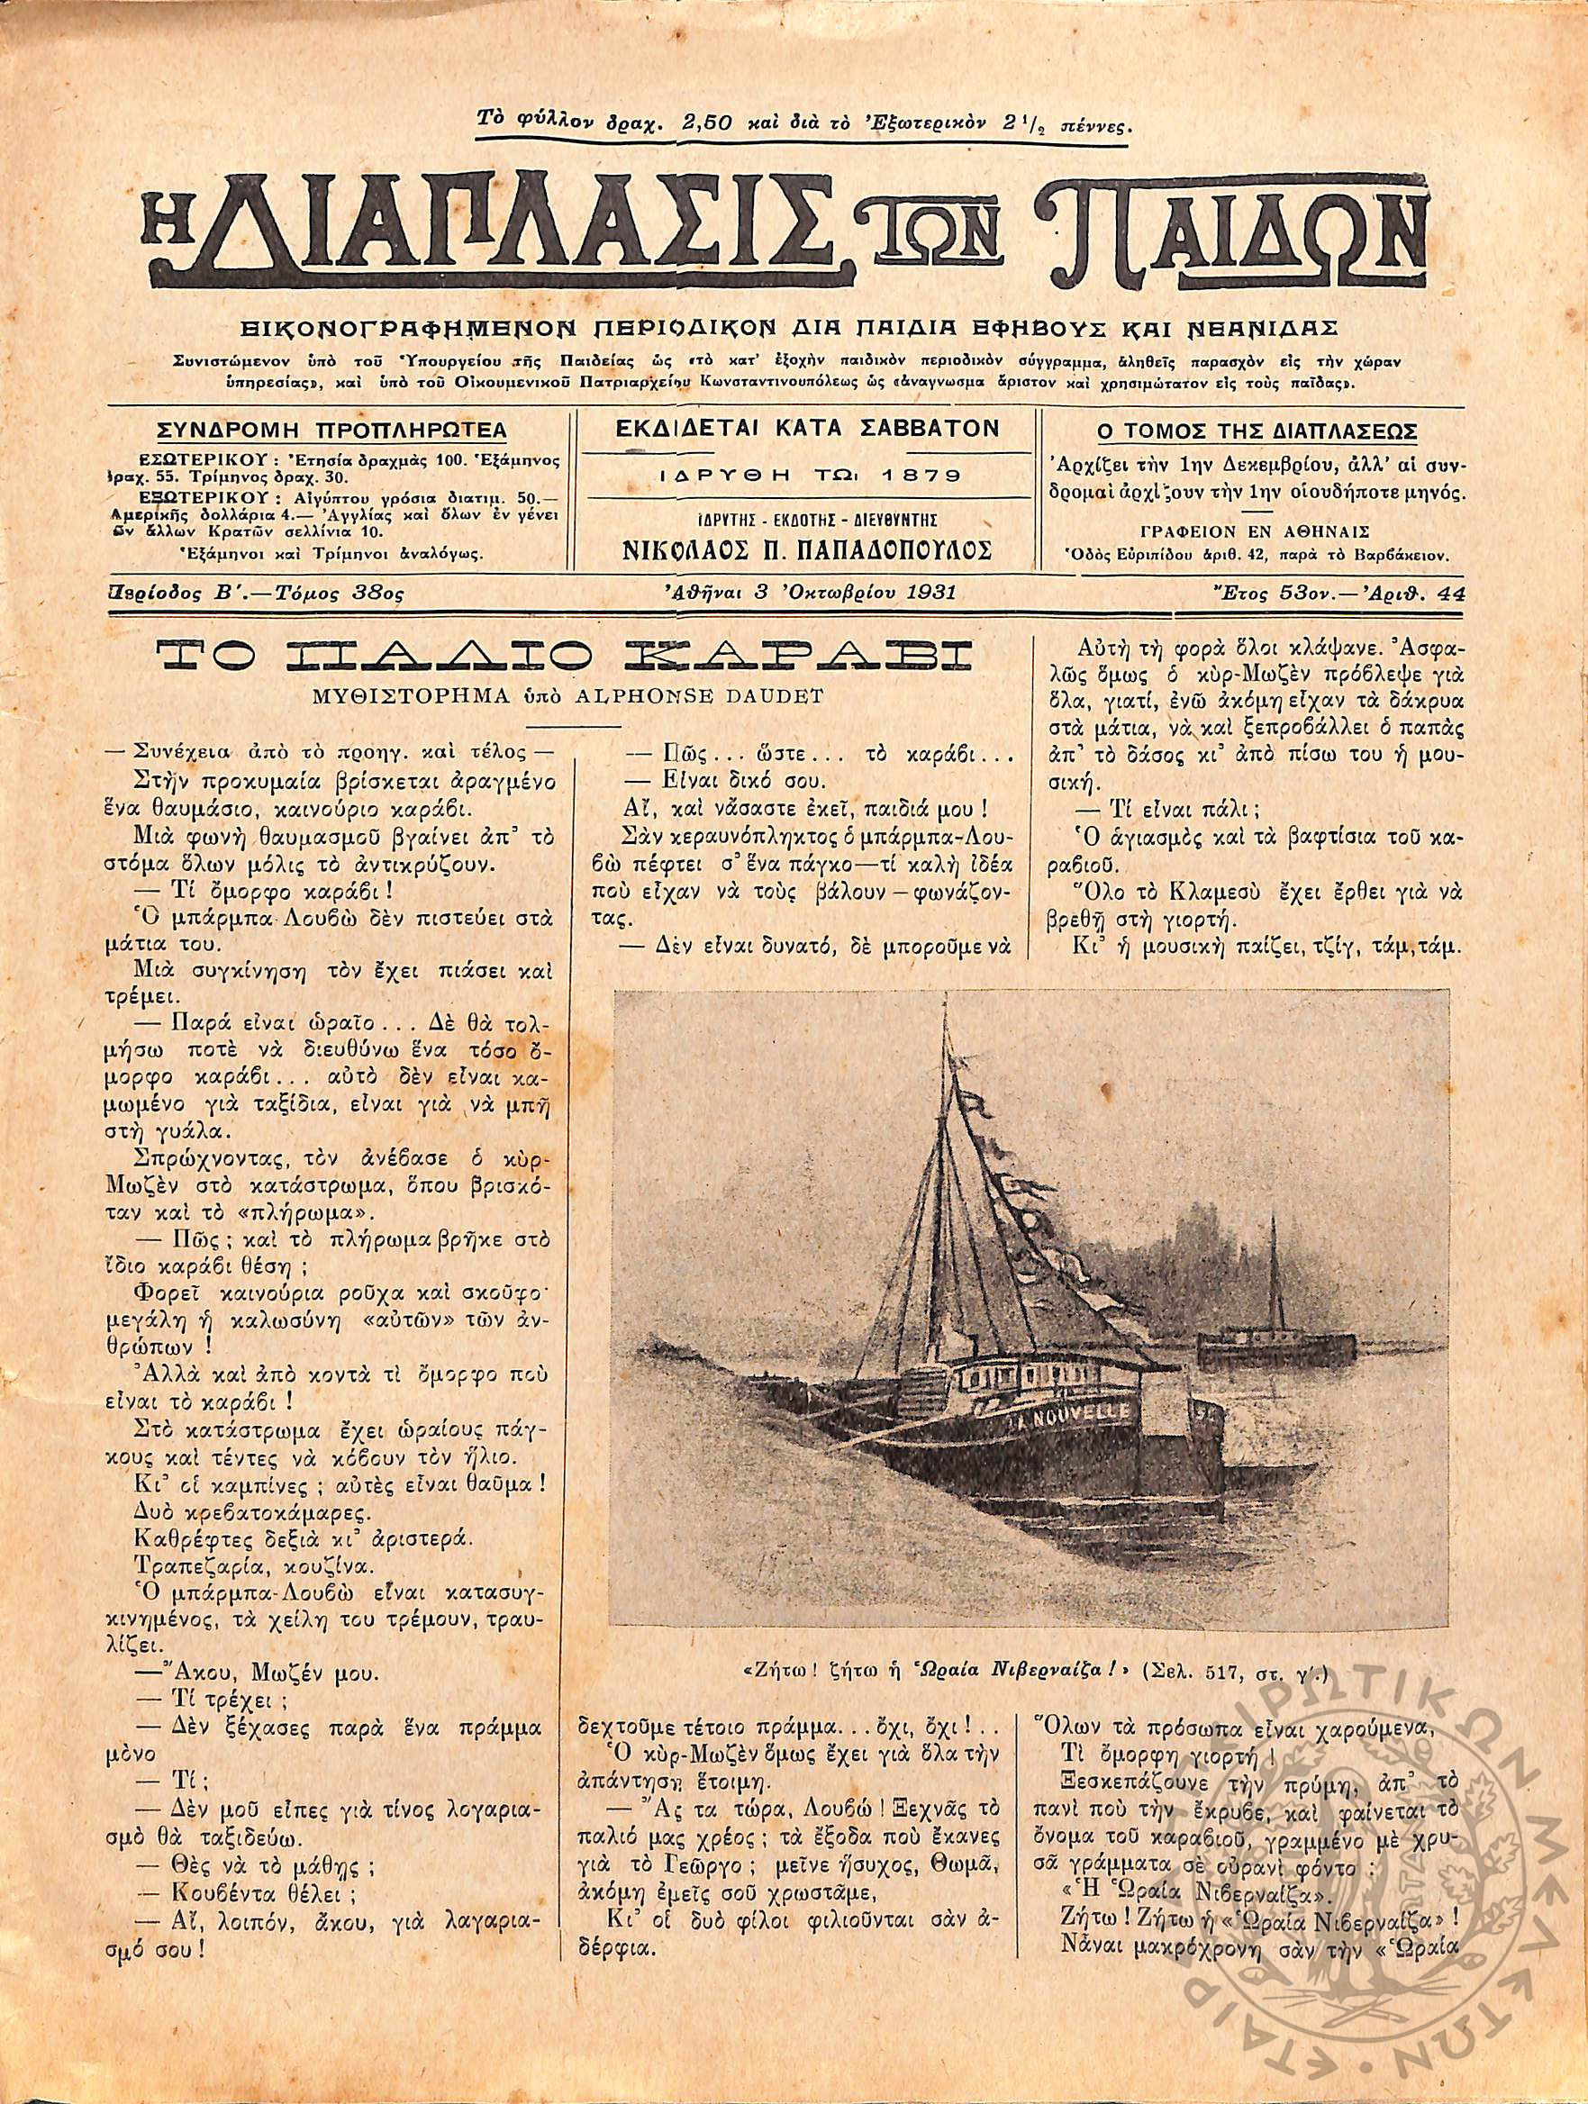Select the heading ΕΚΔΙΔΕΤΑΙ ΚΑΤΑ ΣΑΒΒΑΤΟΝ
pyautogui.click(x=808, y=428)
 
